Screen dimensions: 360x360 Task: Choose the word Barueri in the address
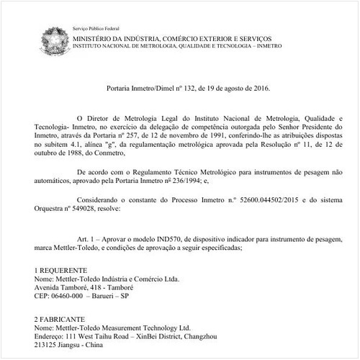[111, 295]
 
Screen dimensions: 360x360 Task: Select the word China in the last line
[94, 344]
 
